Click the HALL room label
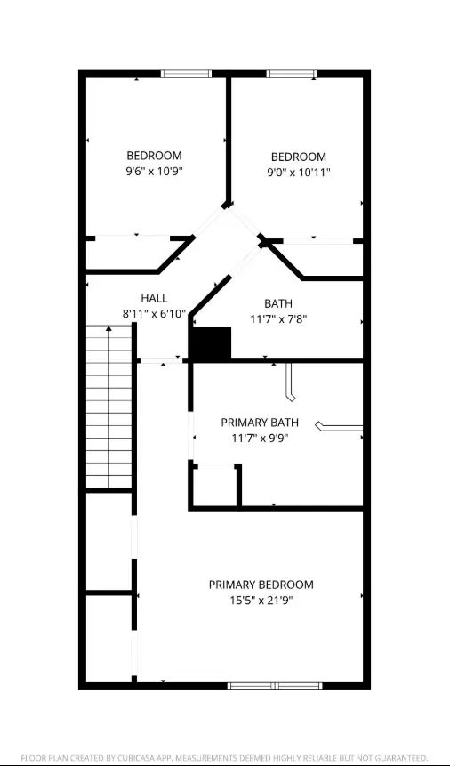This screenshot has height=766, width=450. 155,299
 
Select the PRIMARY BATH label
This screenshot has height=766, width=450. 260,423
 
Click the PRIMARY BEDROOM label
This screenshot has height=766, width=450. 261,585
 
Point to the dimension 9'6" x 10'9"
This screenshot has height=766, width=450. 155,171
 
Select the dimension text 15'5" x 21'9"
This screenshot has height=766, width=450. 261,601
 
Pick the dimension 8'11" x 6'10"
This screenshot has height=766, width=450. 155,314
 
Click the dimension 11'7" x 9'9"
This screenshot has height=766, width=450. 260,439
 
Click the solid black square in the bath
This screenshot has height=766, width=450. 210,344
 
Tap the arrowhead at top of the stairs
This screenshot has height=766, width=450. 108,329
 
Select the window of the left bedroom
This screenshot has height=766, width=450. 186,74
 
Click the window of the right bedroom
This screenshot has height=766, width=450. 292,74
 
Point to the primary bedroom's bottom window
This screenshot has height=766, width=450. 275,686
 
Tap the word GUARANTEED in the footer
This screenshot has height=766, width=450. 403,756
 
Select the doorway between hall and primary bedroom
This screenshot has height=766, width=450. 162,361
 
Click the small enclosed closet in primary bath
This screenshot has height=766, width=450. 215,486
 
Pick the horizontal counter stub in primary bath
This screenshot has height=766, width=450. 340,427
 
